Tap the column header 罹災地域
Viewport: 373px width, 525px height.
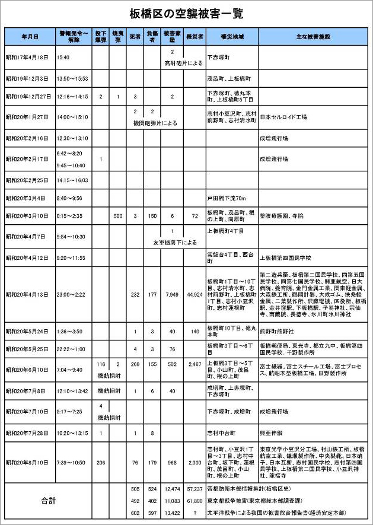pyautogui.click(x=232, y=37)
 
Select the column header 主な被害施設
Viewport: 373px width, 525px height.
pyautogui.click(x=313, y=37)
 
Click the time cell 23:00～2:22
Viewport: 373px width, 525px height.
pyautogui.click(x=71, y=294)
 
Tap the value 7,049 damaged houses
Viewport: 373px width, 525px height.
pyautogui.click(x=171, y=294)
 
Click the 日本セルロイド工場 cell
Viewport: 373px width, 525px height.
pyautogui.click(x=283, y=117)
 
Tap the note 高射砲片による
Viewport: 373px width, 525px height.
pyautogui.click(x=183, y=63)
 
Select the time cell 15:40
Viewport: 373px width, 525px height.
pyautogui.click(x=63, y=58)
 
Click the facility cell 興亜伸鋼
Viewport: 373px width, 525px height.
pyautogui.click(x=271, y=433)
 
